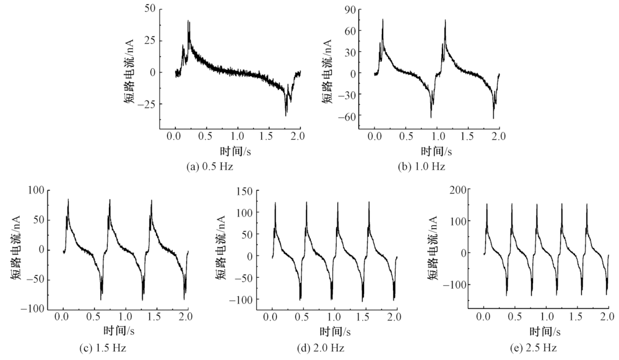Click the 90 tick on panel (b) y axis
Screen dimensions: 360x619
point(349,9)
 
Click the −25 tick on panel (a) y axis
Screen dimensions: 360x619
point(146,103)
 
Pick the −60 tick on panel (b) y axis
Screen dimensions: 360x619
point(347,116)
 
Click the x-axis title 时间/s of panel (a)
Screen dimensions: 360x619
point(238,150)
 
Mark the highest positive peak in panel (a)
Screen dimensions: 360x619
point(188,22)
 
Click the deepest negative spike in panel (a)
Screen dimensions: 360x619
point(286,114)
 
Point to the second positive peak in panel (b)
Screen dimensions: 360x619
point(445,20)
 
